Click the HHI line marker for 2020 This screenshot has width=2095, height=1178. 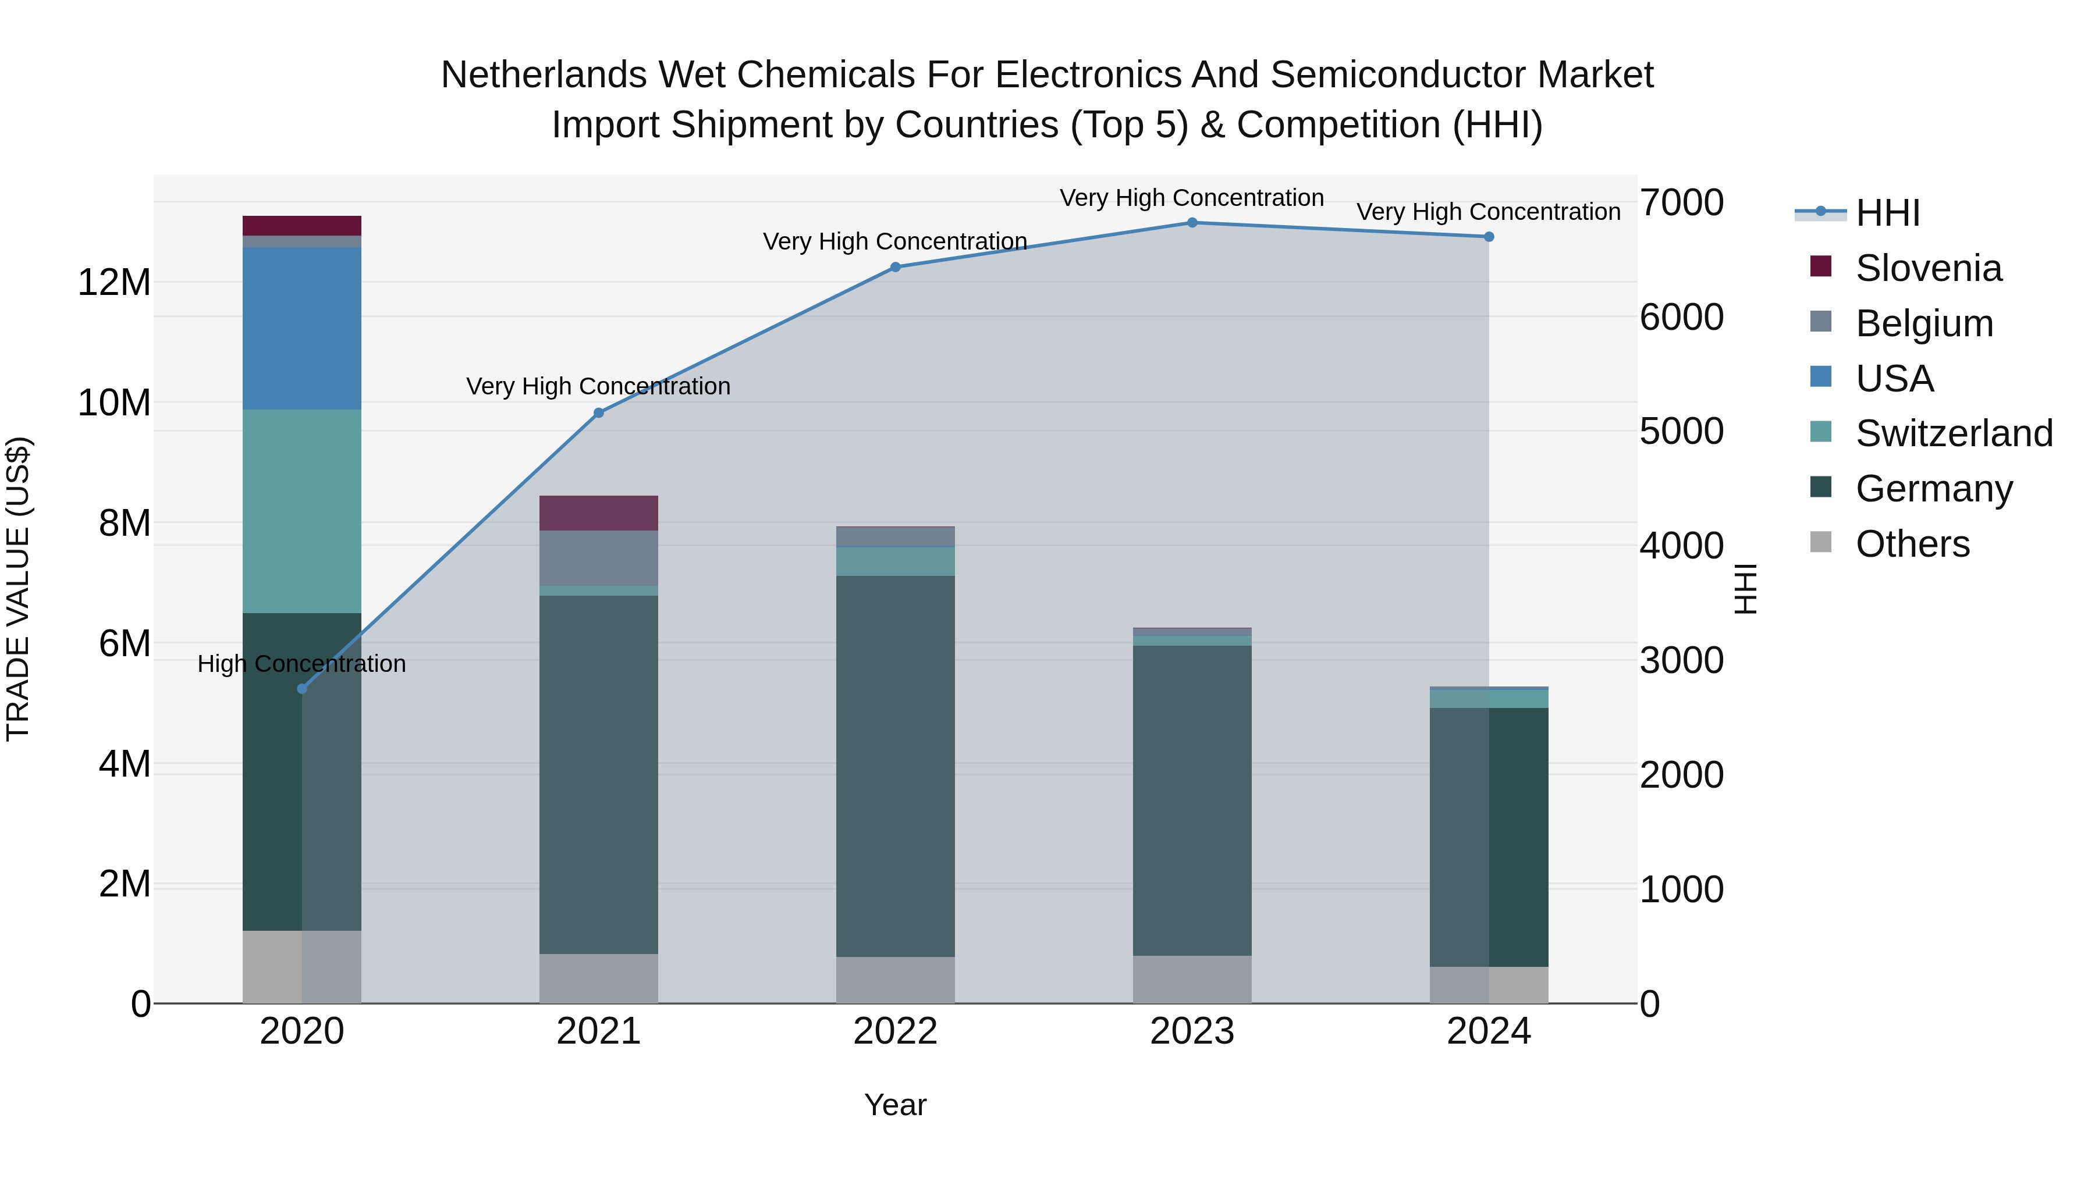301,689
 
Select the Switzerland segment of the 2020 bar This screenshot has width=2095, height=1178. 301,511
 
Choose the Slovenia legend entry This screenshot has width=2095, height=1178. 1927,268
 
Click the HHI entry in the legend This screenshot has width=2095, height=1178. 1887,213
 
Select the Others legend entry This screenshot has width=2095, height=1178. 1911,543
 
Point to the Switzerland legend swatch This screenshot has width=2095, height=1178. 1821,432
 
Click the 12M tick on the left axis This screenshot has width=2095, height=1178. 114,283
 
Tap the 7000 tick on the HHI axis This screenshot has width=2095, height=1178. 1680,202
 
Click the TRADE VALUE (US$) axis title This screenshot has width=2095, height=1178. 18,589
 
